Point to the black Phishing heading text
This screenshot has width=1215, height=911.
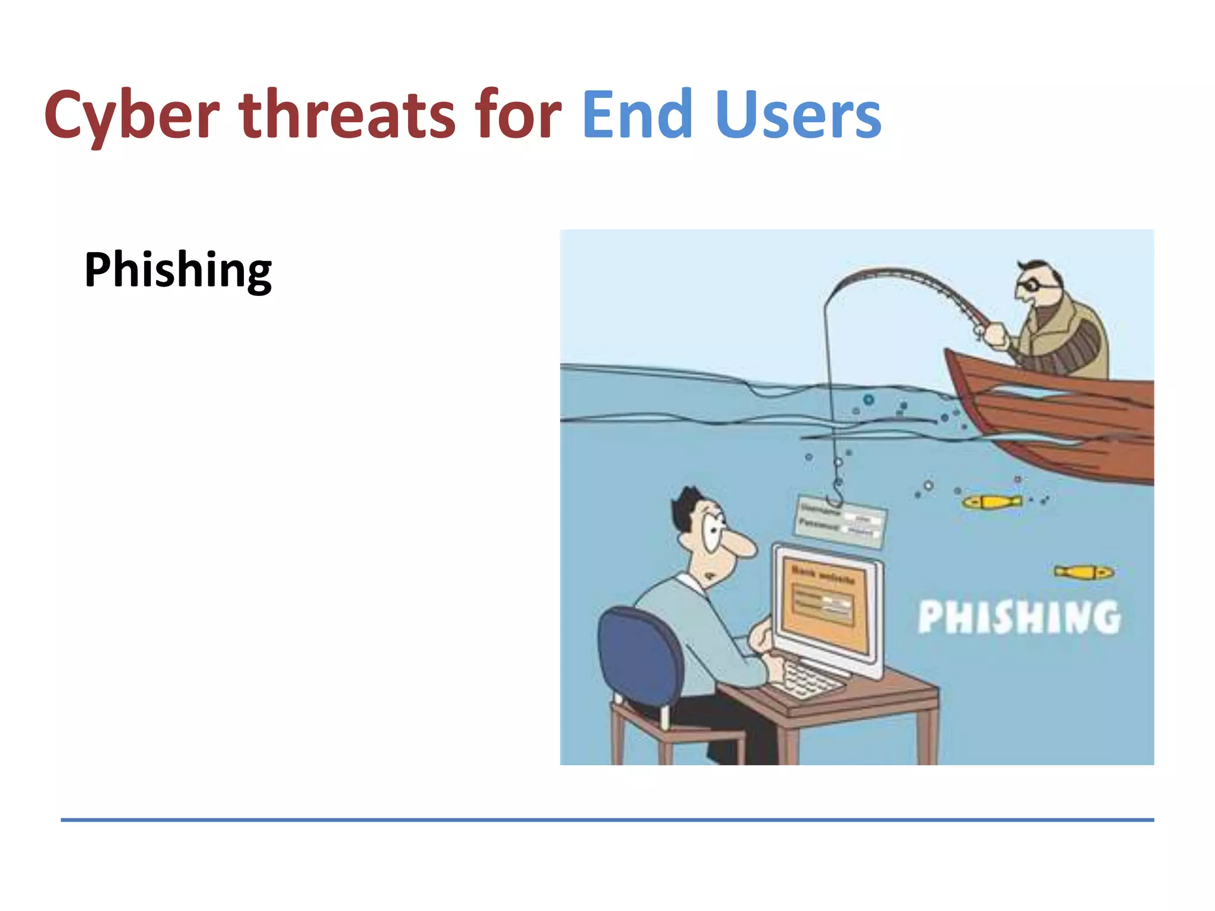(178, 270)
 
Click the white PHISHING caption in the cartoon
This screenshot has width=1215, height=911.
(1019, 617)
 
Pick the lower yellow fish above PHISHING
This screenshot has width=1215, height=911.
(1083, 572)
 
